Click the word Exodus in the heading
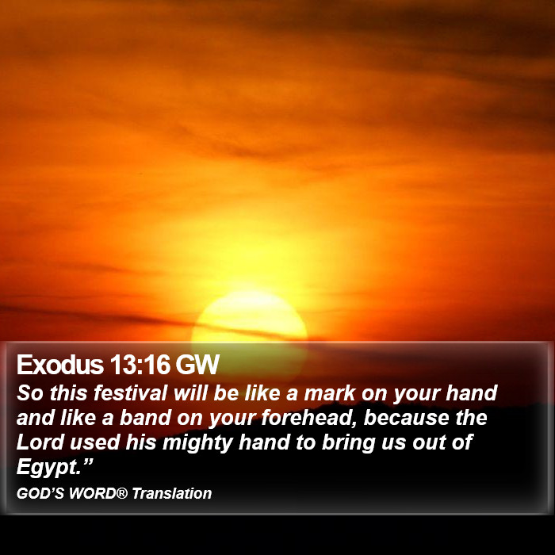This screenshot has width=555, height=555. pos(60,364)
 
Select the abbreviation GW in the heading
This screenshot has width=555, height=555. pos(197,364)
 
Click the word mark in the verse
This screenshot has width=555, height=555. pos(330,393)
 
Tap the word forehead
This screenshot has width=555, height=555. pos(310,419)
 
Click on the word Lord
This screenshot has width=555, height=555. pos(40,442)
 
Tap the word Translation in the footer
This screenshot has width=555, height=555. pos(172,493)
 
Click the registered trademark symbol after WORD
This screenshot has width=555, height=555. pos(122,492)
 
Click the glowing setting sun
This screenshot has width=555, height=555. pos(250,317)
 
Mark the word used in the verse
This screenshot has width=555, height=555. pos(94,442)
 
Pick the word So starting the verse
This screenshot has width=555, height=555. pos(30,393)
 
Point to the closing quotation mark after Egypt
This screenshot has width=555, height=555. pos(87,461)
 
